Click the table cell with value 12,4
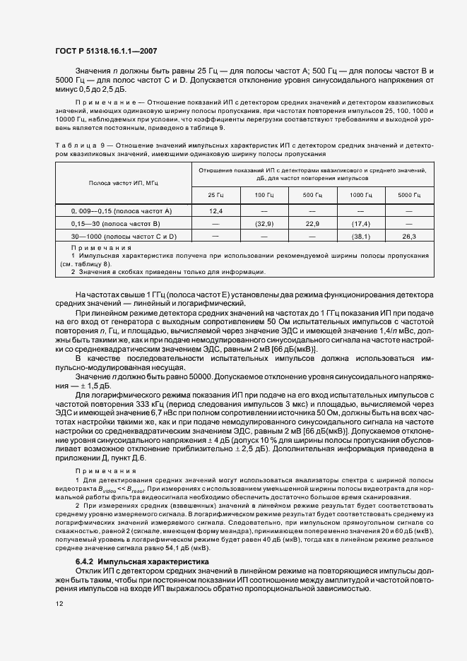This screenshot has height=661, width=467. coord(216,211)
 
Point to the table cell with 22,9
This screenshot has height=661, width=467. coord(313,224)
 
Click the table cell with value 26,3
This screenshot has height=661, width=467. coord(409,237)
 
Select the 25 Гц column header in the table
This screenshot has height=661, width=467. coord(216,194)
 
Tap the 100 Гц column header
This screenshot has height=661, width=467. coord(264,194)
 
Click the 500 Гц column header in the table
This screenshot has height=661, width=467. coord(313,194)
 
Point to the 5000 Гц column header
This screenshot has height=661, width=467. coord(409,194)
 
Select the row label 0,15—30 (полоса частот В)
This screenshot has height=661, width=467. coord(124,224)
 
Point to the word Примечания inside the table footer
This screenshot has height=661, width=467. coord(102,249)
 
